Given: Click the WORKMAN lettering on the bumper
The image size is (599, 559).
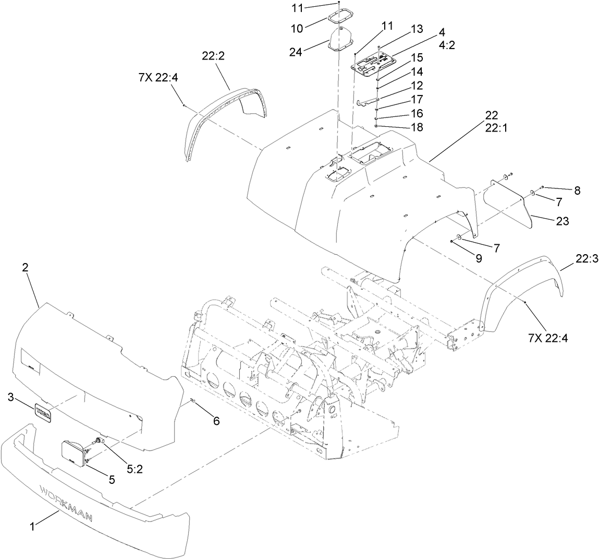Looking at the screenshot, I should pyautogui.click(x=66, y=502).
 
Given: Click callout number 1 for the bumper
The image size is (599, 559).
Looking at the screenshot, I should pyautogui.click(x=32, y=527).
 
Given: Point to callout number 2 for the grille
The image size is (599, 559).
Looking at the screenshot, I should pyautogui.click(x=25, y=267).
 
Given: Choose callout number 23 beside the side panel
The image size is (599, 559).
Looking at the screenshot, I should pyautogui.click(x=562, y=221).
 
